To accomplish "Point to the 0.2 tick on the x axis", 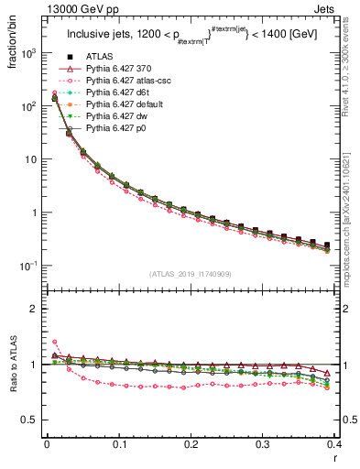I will [x=191, y=444].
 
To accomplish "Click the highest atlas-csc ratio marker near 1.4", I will [x=54, y=342].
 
